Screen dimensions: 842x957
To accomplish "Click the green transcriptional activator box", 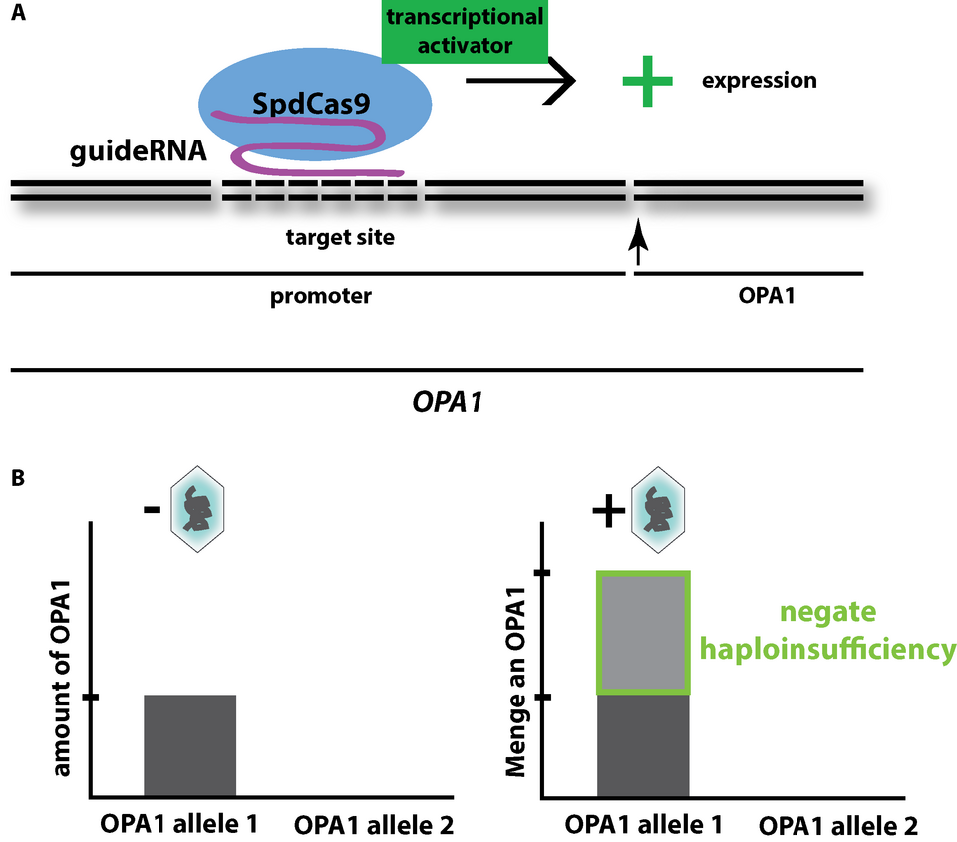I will point(464,29).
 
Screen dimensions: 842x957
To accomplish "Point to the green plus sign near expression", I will point(646,81).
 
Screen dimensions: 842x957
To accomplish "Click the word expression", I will point(760,81).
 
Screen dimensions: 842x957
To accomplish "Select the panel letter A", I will point(16,16).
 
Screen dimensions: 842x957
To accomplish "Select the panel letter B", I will point(16,478).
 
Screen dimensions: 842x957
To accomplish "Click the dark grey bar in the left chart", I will point(190,744).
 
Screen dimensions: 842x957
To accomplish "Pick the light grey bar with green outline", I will point(643,633).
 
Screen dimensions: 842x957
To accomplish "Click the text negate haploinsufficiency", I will point(828,634).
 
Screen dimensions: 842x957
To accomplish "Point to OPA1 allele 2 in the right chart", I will point(837,825).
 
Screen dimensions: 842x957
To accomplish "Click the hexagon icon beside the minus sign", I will point(198,508).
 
